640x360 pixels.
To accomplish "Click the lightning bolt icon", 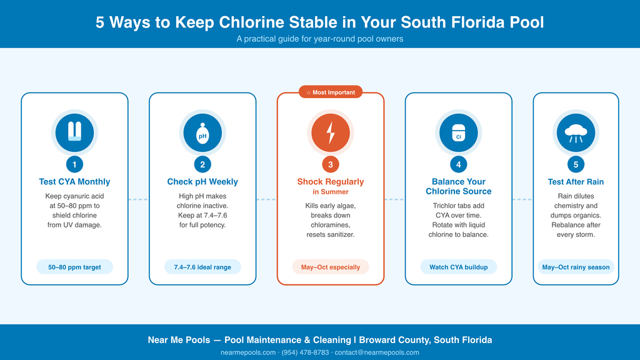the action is (x=331, y=132).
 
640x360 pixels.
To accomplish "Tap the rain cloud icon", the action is (x=576, y=133).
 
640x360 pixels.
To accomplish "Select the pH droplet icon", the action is (x=202, y=133).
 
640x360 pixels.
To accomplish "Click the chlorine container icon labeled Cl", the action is (x=458, y=133).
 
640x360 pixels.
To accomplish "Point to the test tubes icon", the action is (x=75, y=131).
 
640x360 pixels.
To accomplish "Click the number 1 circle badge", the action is (x=75, y=164).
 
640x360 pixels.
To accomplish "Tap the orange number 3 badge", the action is (x=331, y=164).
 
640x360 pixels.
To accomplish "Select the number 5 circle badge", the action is (x=576, y=164).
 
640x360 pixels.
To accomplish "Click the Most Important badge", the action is (x=331, y=92).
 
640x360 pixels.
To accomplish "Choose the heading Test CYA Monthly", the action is (x=75, y=182).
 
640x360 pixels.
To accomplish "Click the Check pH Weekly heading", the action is (x=202, y=182).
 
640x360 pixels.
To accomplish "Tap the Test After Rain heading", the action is (x=576, y=182).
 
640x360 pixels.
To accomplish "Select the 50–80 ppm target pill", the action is (x=75, y=267).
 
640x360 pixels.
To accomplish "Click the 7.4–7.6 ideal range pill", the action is (x=202, y=267).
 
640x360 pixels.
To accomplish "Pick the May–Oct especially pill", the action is (x=331, y=267).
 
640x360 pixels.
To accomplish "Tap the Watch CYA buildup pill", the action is (x=458, y=267).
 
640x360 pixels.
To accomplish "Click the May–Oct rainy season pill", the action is (x=576, y=267).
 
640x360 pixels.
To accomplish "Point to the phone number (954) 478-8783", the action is (x=305, y=352).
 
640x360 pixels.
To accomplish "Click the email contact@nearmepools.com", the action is (x=377, y=352).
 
